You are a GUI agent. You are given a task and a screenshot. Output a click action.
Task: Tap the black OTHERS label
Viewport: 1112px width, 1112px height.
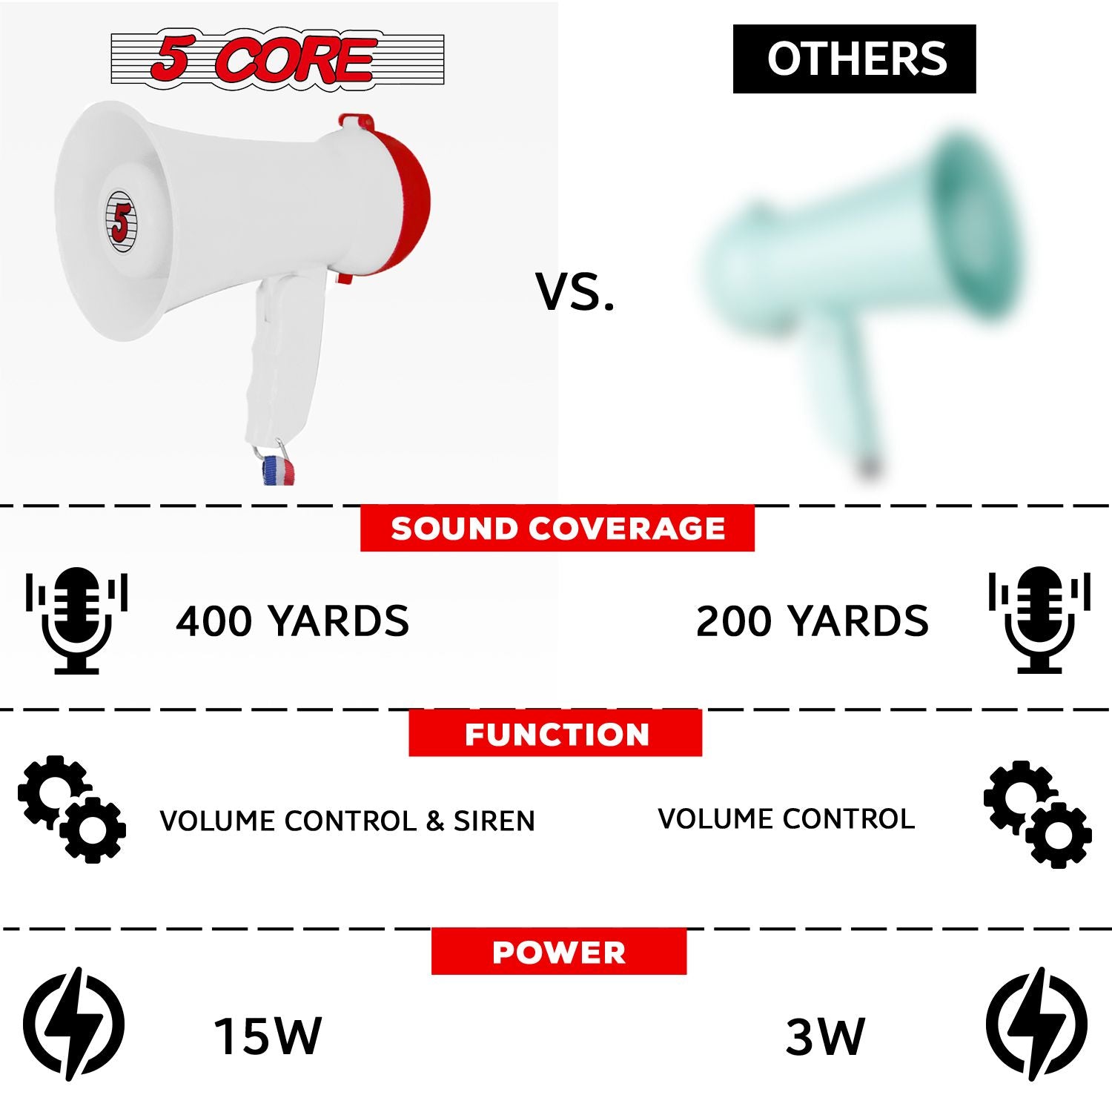click(x=854, y=59)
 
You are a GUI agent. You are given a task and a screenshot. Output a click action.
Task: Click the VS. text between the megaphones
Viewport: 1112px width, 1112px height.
click(x=575, y=291)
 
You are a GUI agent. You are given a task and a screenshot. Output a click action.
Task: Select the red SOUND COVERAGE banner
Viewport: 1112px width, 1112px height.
click(x=557, y=529)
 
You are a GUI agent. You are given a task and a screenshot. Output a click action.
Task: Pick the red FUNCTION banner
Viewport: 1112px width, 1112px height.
click(x=555, y=733)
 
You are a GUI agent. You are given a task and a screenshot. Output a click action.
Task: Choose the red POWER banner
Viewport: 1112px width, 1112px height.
click(x=559, y=952)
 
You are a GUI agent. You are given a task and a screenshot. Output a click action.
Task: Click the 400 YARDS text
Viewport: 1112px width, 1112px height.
click(x=292, y=620)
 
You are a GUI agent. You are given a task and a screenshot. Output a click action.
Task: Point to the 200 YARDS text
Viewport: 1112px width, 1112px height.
click(x=812, y=620)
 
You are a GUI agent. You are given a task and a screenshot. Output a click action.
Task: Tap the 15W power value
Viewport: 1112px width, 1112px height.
click(x=268, y=1036)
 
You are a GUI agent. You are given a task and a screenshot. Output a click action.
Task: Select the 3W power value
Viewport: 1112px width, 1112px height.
click(x=824, y=1036)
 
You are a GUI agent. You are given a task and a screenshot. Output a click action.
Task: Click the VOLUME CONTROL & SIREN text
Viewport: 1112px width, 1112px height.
click(x=347, y=821)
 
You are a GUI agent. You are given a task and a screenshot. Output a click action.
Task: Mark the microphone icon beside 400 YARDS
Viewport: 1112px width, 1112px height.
click(x=76, y=620)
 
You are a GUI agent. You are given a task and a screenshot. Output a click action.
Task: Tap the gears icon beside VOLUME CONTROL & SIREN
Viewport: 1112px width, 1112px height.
click(x=72, y=810)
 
